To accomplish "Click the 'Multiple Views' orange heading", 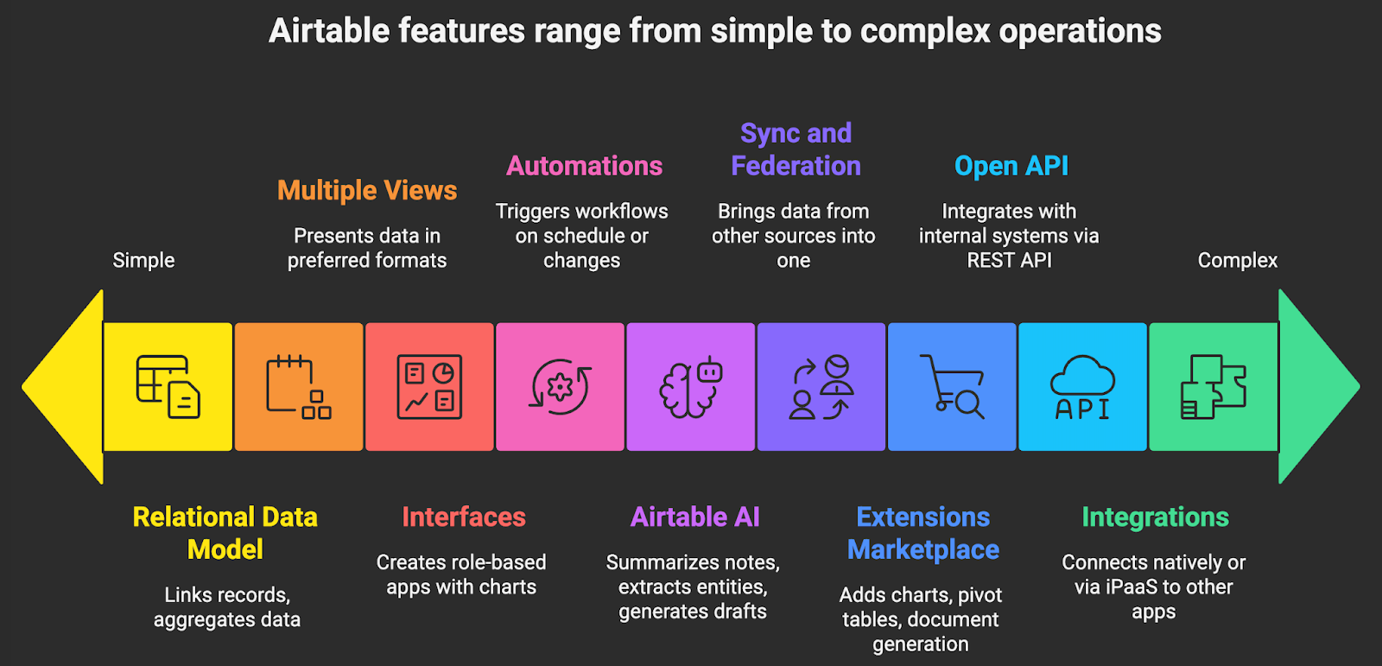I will pos(367,190).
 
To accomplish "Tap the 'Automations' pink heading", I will pos(584,166).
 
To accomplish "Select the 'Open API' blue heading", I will pos(1011,166).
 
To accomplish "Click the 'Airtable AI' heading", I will pos(694,517).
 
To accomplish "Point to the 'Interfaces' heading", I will pos(463,517).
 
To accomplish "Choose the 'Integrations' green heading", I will pos(1155,517).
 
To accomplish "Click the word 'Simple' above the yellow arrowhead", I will pos(143,260).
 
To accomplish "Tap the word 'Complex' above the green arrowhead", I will pos(1237,260).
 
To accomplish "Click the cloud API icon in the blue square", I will pos(1082,387).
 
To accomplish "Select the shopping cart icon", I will pos(952,387).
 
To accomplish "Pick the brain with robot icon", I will pos(690,387).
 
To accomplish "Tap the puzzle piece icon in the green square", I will pos(1213,387).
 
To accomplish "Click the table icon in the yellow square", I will pos(168,387).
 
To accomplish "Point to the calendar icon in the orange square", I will pos(298,387).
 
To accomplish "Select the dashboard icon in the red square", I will pos(429,387).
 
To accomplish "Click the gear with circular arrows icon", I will pos(560,387).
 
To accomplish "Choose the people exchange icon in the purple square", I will pos(821,387).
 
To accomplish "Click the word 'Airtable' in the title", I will pos(329,31).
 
